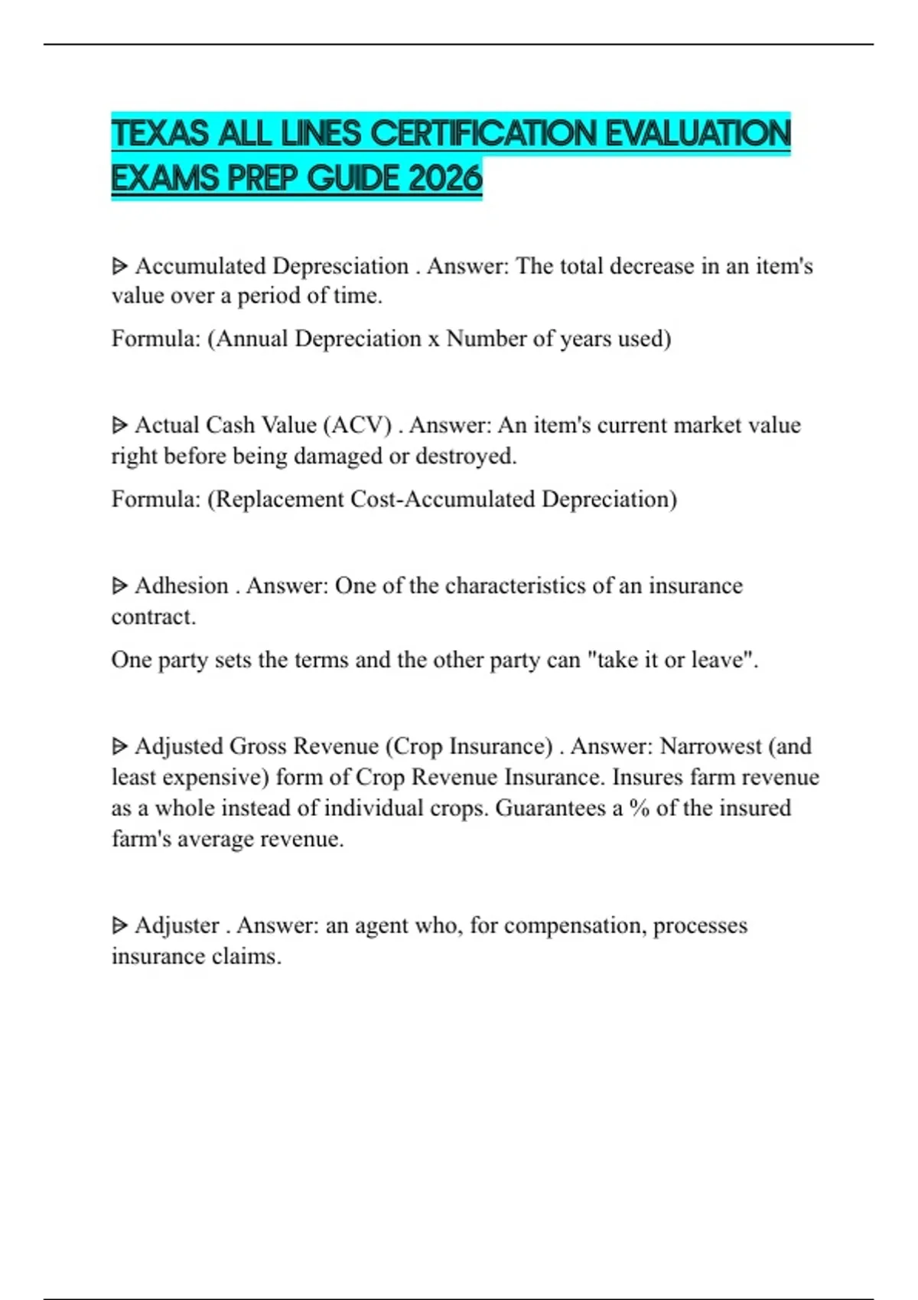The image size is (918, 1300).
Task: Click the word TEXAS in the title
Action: click(x=160, y=134)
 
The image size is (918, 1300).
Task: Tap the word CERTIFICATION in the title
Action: click(x=484, y=134)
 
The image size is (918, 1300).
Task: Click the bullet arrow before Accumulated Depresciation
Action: click(x=119, y=266)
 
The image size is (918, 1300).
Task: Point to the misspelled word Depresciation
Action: click(x=340, y=266)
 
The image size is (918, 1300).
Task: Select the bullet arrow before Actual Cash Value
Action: click(x=119, y=425)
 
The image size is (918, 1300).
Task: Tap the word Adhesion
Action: click(x=181, y=586)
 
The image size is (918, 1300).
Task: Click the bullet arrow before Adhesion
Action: click(x=119, y=586)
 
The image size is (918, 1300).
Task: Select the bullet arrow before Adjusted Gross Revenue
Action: click(x=119, y=746)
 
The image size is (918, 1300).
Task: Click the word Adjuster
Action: click(x=177, y=925)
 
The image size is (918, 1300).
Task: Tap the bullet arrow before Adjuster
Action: click(x=119, y=925)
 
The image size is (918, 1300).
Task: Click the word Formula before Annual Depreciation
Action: click(x=155, y=339)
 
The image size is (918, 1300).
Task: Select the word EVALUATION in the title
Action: click(x=698, y=134)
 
